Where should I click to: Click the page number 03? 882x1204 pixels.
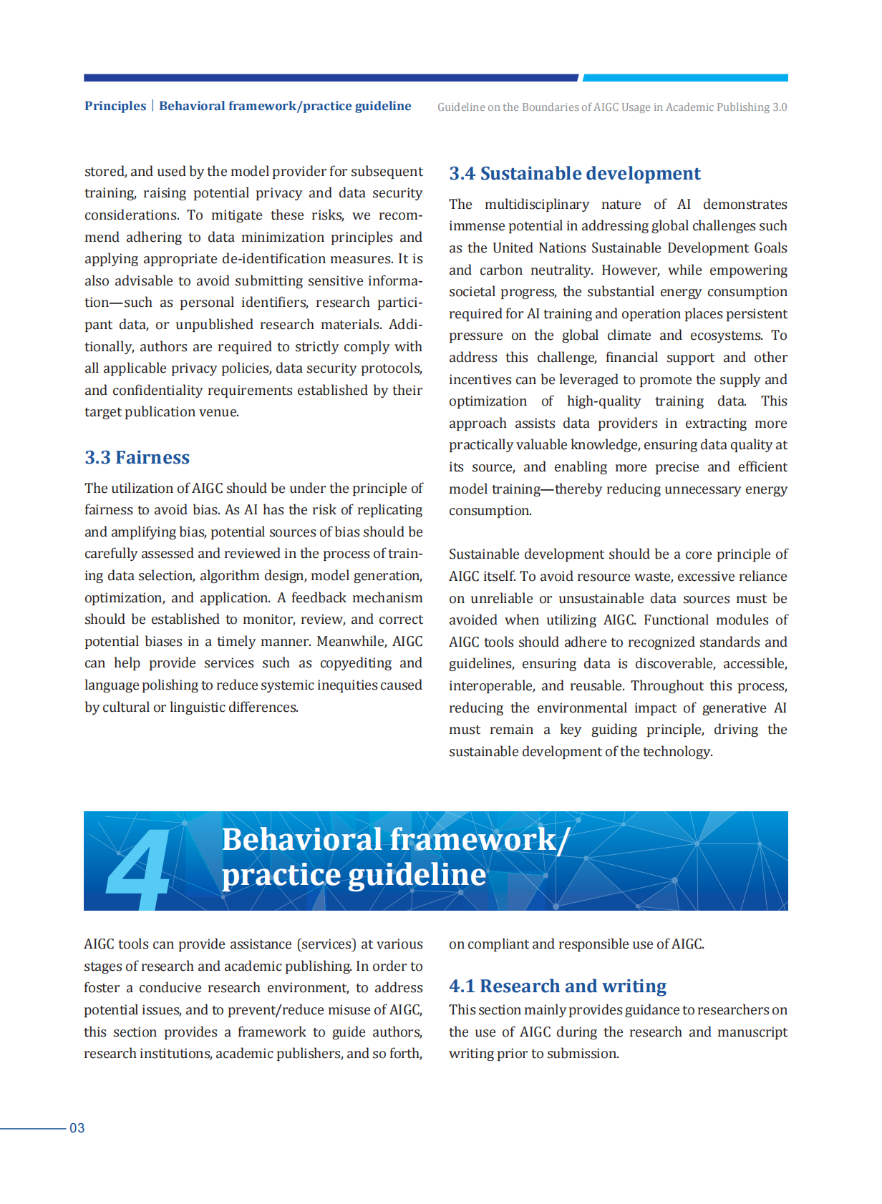point(77,1128)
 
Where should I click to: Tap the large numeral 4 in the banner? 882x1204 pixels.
point(137,868)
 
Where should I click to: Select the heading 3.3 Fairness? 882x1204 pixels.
point(137,458)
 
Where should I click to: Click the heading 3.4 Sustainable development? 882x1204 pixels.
point(574,174)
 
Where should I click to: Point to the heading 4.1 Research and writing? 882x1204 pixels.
point(558,987)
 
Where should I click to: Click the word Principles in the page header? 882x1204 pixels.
point(115,106)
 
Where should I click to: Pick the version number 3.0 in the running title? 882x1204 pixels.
point(779,107)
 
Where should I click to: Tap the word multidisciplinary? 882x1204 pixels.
point(536,205)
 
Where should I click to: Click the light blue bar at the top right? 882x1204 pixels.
point(685,77)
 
